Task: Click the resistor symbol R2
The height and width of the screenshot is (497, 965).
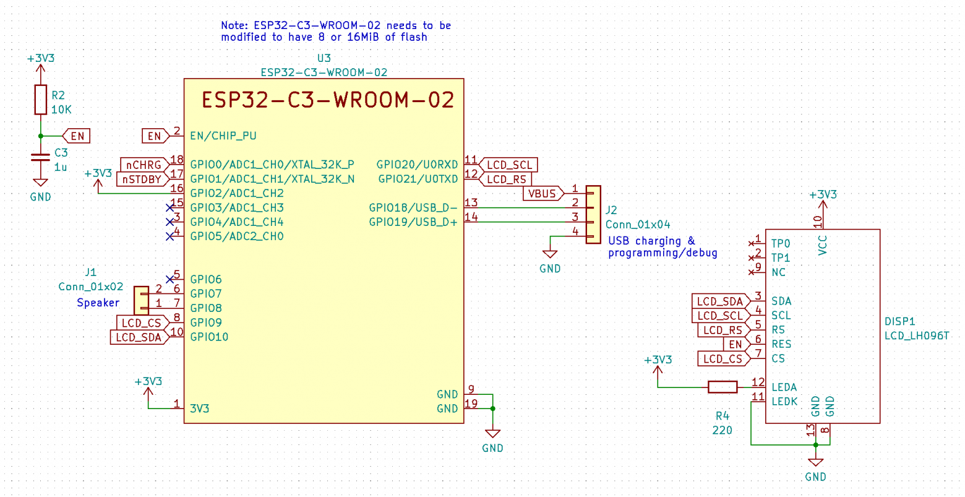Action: (40, 100)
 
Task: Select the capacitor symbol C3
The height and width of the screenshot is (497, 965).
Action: (40, 157)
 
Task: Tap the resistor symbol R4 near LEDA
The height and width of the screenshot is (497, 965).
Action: (722, 387)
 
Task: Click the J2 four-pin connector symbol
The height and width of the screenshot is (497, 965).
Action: (593, 214)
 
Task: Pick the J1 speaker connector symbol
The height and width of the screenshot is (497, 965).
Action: (141, 300)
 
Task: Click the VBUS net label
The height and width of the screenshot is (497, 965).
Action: (543, 194)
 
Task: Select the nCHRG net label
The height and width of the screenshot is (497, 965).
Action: (144, 165)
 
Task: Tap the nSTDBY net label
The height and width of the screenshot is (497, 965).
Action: (142, 179)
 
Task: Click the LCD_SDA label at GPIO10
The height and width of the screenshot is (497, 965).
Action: (139, 337)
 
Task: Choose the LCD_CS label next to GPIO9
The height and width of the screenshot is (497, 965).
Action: (141, 323)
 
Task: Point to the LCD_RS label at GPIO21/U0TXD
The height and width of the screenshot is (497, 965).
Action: (506, 179)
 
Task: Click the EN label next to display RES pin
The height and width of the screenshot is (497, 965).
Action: (735, 345)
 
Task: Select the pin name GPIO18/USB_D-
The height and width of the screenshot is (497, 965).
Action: (413, 208)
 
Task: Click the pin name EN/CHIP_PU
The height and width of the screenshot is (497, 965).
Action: (223, 136)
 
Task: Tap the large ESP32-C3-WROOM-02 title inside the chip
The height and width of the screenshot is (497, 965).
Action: (328, 100)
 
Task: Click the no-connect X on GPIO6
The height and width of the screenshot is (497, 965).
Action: (170, 279)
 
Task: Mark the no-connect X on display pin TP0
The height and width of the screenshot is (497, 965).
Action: (752, 243)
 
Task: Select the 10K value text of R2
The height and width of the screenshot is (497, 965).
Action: (61, 110)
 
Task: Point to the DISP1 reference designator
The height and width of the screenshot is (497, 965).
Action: (899, 322)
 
